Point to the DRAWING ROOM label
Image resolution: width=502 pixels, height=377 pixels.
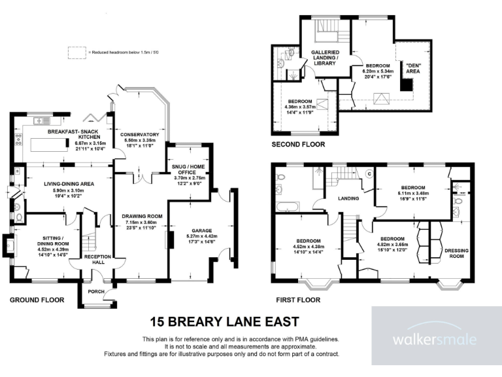pos(141,217)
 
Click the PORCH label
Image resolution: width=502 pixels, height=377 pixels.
pos(97,291)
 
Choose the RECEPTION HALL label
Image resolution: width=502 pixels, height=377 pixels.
pos(97,260)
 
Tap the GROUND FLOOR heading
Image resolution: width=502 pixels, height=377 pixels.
pos(37,300)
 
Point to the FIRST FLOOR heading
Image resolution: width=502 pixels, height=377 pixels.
pos(298,300)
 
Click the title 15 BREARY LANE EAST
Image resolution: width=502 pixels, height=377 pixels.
pos(224,321)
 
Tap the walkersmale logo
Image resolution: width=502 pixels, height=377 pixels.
pos(434,340)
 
